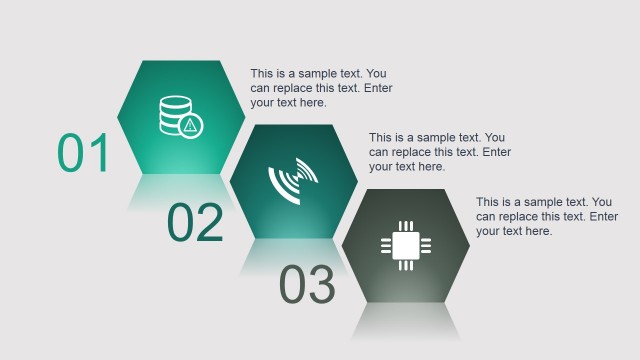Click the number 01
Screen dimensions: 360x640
pyautogui.click(x=83, y=153)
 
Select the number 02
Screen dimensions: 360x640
pyautogui.click(x=195, y=223)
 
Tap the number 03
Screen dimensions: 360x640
pyautogui.click(x=307, y=285)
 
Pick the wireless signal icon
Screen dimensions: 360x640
pyautogui.click(x=293, y=181)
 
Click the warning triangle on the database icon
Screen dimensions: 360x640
pyautogui.click(x=190, y=125)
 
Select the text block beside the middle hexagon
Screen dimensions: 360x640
pyautogui.click(x=440, y=152)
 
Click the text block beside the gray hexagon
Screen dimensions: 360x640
pyautogui.click(x=547, y=216)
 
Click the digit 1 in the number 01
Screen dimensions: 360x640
pyautogui.click(x=99, y=153)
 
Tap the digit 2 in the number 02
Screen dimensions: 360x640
pyautogui.click(x=209, y=223)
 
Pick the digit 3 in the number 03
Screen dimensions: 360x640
pyautogui.click(x=321, y=285)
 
